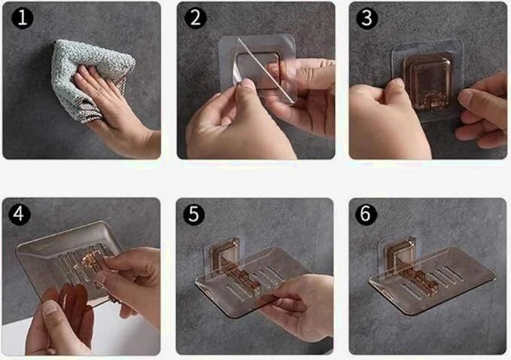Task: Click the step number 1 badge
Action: coord(23,18)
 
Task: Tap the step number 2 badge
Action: coord(195,18)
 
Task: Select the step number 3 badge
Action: coord(367,18)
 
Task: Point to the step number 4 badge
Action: coord(20,214)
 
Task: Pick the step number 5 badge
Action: coord(194,214)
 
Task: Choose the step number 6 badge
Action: coord(366,214)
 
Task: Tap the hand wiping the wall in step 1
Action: coord(114,108)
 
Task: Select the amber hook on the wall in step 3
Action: coord(427,82)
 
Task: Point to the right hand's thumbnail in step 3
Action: coord(464,97)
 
